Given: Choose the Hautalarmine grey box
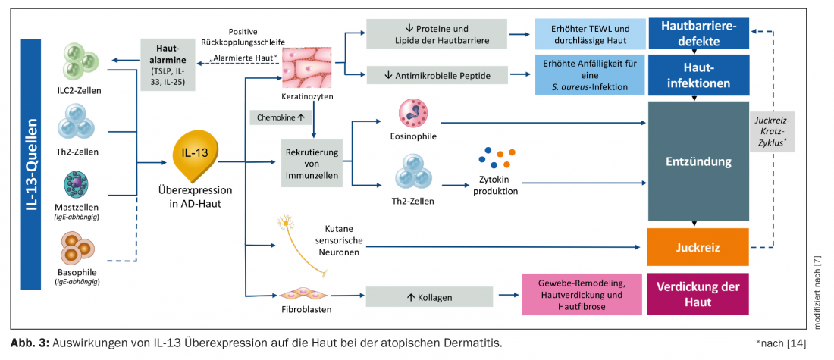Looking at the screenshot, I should click(x=166, y=64).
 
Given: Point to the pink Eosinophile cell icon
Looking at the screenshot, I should click(x=414, y=114).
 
